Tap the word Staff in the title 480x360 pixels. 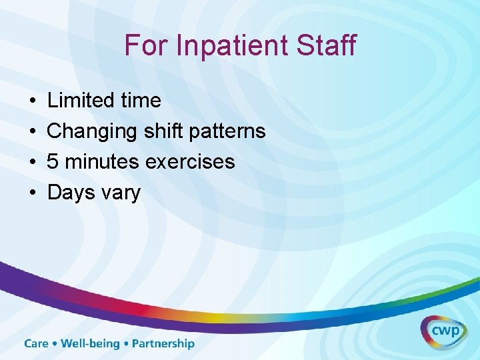click(326, 46)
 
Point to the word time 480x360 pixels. click(140, 101)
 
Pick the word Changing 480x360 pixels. click(93, 131)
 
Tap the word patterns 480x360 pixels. click(227, 131)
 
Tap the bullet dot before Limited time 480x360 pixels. click(32, 101)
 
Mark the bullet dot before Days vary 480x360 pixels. click(32, 193)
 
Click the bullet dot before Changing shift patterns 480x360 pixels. click(32, 132)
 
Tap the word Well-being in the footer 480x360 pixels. click(90, 344)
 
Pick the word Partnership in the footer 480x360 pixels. click(163, 344)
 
